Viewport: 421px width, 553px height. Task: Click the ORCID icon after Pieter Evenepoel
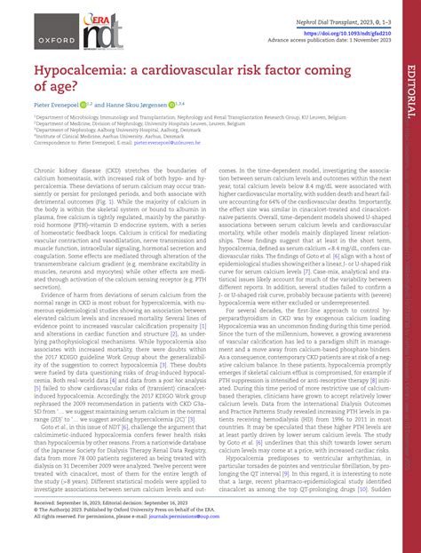85,102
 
